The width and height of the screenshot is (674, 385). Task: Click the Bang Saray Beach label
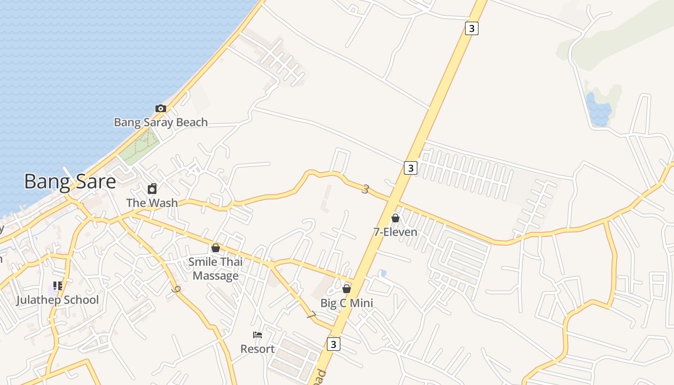(161, 122)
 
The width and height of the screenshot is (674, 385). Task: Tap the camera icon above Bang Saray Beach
(161, 108)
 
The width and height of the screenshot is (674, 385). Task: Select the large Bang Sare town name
(70, 182)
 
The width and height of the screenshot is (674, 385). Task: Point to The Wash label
(152, 203)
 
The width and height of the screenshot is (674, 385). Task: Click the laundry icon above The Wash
(152, 188)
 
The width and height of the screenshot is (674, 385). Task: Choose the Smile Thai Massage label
(216, 269)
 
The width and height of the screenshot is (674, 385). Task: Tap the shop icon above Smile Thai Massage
(216, 248)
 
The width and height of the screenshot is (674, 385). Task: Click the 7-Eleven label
(395, 232)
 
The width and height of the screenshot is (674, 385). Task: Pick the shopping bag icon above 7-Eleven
(395, 218)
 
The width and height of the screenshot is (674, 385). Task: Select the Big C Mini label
(347, 303)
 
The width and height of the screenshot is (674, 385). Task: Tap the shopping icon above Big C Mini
(347, 289)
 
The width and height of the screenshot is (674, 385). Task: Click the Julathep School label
(57, 300)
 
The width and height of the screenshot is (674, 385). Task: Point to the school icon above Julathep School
(58, 286)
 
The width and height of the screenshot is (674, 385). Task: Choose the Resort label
(258, 349)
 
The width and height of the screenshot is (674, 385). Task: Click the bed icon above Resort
(258, 335)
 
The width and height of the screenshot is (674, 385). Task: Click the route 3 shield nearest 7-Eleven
(410, 167)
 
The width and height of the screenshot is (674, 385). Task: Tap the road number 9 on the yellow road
(176, 290)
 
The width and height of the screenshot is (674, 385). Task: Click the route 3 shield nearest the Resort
(333, 344)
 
